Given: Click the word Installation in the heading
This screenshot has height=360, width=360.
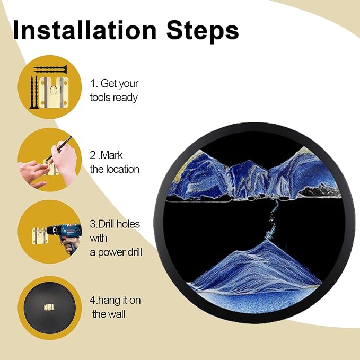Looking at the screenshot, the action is tap(84, 30).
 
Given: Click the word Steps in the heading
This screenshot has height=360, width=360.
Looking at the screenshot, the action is tap(203, 32).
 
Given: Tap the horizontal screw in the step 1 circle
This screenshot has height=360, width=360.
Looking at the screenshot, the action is tap(50, 69).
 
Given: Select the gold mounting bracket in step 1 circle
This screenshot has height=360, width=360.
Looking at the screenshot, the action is tap(54, 92).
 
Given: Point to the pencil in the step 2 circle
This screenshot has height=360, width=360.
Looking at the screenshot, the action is tap(59, 148).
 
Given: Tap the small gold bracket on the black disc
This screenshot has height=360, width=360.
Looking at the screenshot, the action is tap(49, 307).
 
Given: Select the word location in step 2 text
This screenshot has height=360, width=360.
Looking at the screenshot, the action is tap(122, 170).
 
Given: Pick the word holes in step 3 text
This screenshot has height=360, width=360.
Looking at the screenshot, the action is tap(128, 224).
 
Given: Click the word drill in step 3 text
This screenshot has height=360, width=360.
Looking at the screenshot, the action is tap(135, 252).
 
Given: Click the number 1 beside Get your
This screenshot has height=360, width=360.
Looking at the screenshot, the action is tap(93, 83).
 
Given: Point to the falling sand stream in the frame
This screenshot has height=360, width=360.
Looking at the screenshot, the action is tap(274, 221).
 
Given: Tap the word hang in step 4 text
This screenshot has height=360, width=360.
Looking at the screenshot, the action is tap(109, 301).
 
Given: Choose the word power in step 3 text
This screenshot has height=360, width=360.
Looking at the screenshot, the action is tap(112, 253).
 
